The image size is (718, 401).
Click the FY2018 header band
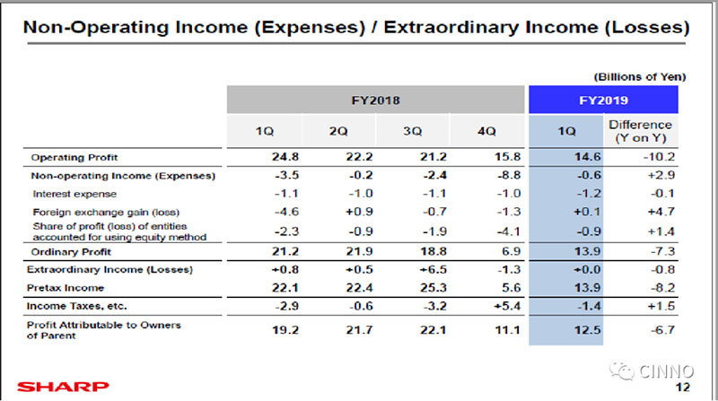(374, 100)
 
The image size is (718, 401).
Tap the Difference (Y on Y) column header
(640, 131)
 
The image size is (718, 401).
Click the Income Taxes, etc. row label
(71, 306)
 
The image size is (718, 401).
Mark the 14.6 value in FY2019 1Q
(566, 158)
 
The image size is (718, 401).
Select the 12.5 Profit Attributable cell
(566, 329)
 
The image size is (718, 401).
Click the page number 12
(683, 388)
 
